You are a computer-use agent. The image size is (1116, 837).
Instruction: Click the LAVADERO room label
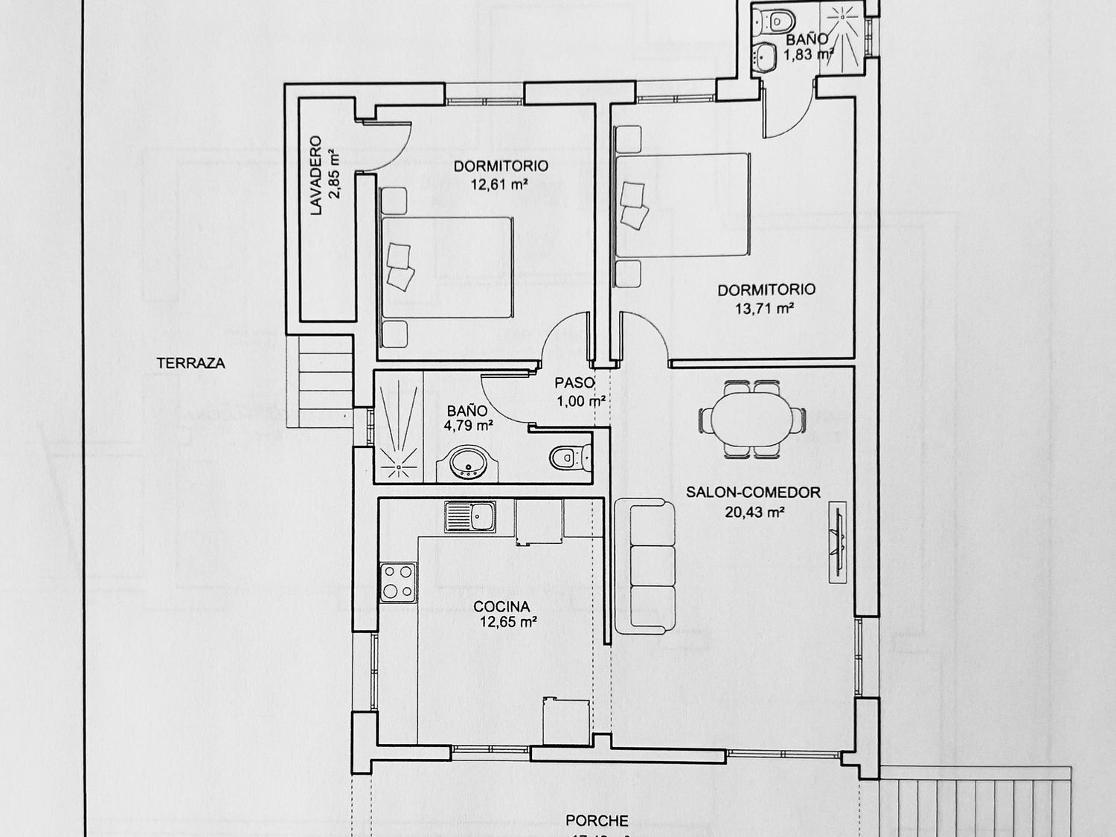315,176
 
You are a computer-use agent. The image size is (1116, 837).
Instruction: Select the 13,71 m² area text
766,308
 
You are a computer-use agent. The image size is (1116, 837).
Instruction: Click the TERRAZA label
190,364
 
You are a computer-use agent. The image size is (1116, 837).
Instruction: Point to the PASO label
574,383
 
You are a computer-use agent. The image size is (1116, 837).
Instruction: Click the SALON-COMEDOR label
753,492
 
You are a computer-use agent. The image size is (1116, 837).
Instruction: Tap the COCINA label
502,607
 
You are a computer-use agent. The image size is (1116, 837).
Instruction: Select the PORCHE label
597,821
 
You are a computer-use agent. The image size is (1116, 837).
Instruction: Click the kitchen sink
470,516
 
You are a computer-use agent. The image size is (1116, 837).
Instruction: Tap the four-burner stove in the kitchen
397,582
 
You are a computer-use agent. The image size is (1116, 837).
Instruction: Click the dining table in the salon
751,419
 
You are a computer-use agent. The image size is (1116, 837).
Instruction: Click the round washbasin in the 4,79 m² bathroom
469,462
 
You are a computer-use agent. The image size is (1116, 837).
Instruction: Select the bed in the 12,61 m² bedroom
446,267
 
